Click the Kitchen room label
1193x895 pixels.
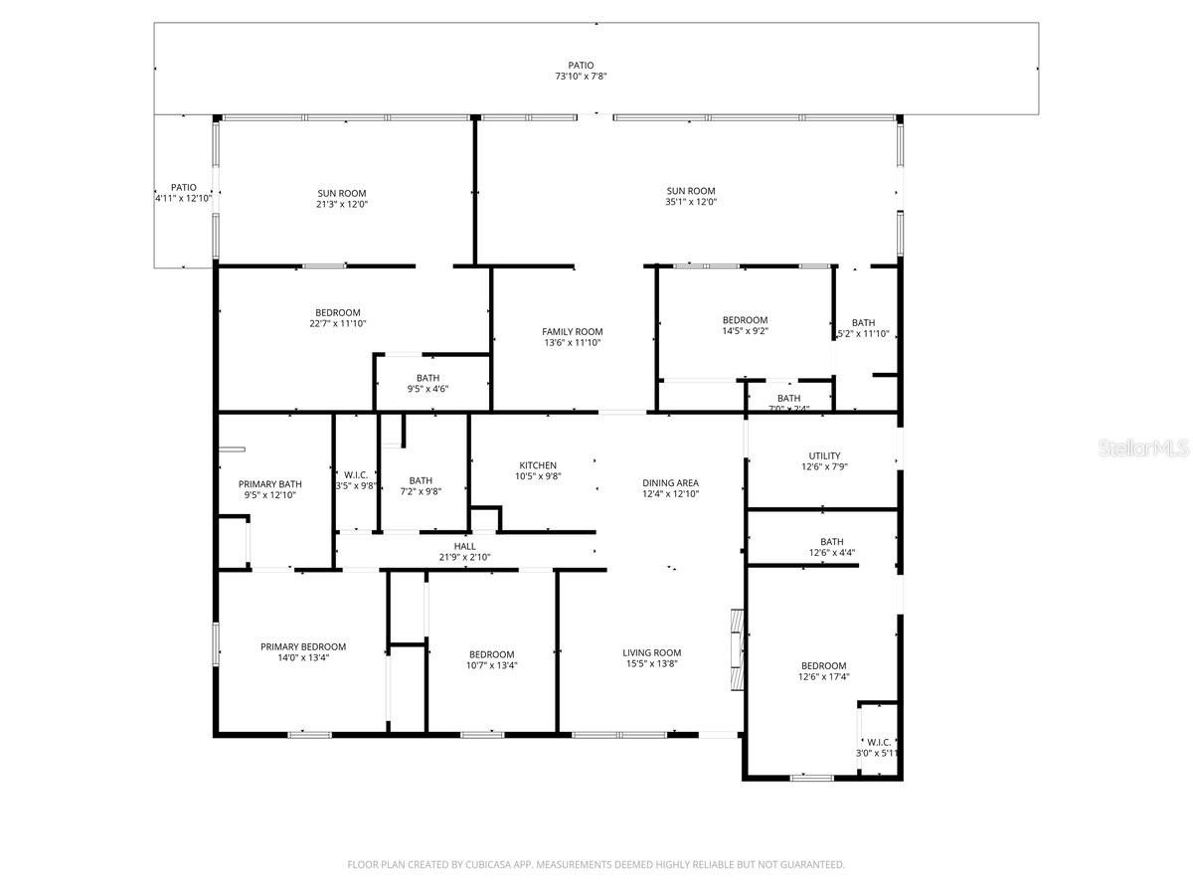tap(538, 465)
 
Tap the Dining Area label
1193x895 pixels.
tap(671, 482)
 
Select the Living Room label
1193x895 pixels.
tap(652, 652)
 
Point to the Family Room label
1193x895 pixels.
tap(572, 331)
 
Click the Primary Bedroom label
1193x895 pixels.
tap(303, 646)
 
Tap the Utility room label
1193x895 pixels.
tap(824, 455)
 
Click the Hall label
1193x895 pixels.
tap(464, 546)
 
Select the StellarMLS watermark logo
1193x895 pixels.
tap(1142, 449)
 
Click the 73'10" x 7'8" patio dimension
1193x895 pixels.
tap(582, 77)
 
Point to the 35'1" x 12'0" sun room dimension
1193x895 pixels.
tap(691, 202)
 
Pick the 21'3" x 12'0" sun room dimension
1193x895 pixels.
tap(341, 205)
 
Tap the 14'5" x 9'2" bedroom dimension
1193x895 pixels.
tap(745, 331)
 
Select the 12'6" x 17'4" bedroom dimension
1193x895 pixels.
tap(824, 677)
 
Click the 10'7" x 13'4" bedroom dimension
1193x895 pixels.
tap(491, 665)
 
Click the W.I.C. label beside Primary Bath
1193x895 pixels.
tap(355, 473)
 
